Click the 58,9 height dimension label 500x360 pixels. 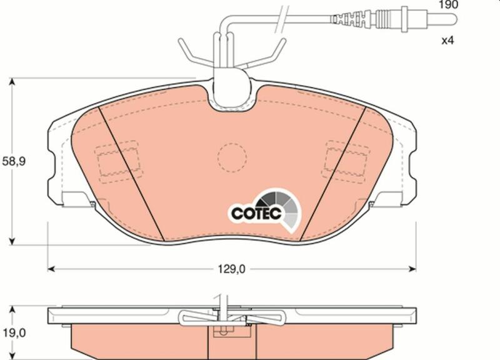pos(14,162)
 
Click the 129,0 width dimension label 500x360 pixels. pos(232,269)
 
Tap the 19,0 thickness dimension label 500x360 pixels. pos(14,334)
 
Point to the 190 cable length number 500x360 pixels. pos(448,5)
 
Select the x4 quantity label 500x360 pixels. pos(447,41)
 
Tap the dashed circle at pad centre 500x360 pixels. pos(232,158)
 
